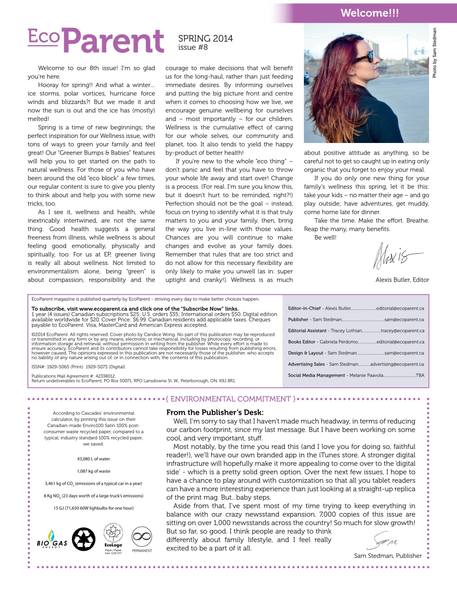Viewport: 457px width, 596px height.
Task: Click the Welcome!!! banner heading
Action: [x=370, y=13]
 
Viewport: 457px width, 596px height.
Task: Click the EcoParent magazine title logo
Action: [x=96, y=41]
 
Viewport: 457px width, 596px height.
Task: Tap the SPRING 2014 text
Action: [x=205, y=39]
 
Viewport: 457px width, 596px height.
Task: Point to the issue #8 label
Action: [x=193, y=47]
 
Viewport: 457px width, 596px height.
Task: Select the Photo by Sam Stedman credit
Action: [x=435, y=53]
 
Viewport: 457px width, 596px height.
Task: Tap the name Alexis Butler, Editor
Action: [x=402, y=280]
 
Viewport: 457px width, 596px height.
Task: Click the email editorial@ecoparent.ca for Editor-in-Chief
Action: [x=400, y=308]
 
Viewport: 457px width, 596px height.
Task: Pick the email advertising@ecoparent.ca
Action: [x=397, y=364]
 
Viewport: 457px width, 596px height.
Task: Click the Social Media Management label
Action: [x=316, y=375]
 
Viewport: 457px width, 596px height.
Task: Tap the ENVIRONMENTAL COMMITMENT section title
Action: [x=231, y=399]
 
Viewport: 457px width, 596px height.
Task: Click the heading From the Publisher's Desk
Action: [x=215, y=412]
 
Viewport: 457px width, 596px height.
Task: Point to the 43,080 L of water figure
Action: [x=94, y=459]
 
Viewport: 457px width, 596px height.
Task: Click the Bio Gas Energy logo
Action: [x=52, y=540]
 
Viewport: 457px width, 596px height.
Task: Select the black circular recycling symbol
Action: [x=84, y=539]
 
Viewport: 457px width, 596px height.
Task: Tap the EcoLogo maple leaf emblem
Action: [x=113, y=535]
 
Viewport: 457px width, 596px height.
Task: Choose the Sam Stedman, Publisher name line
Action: [x=388, y=555]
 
